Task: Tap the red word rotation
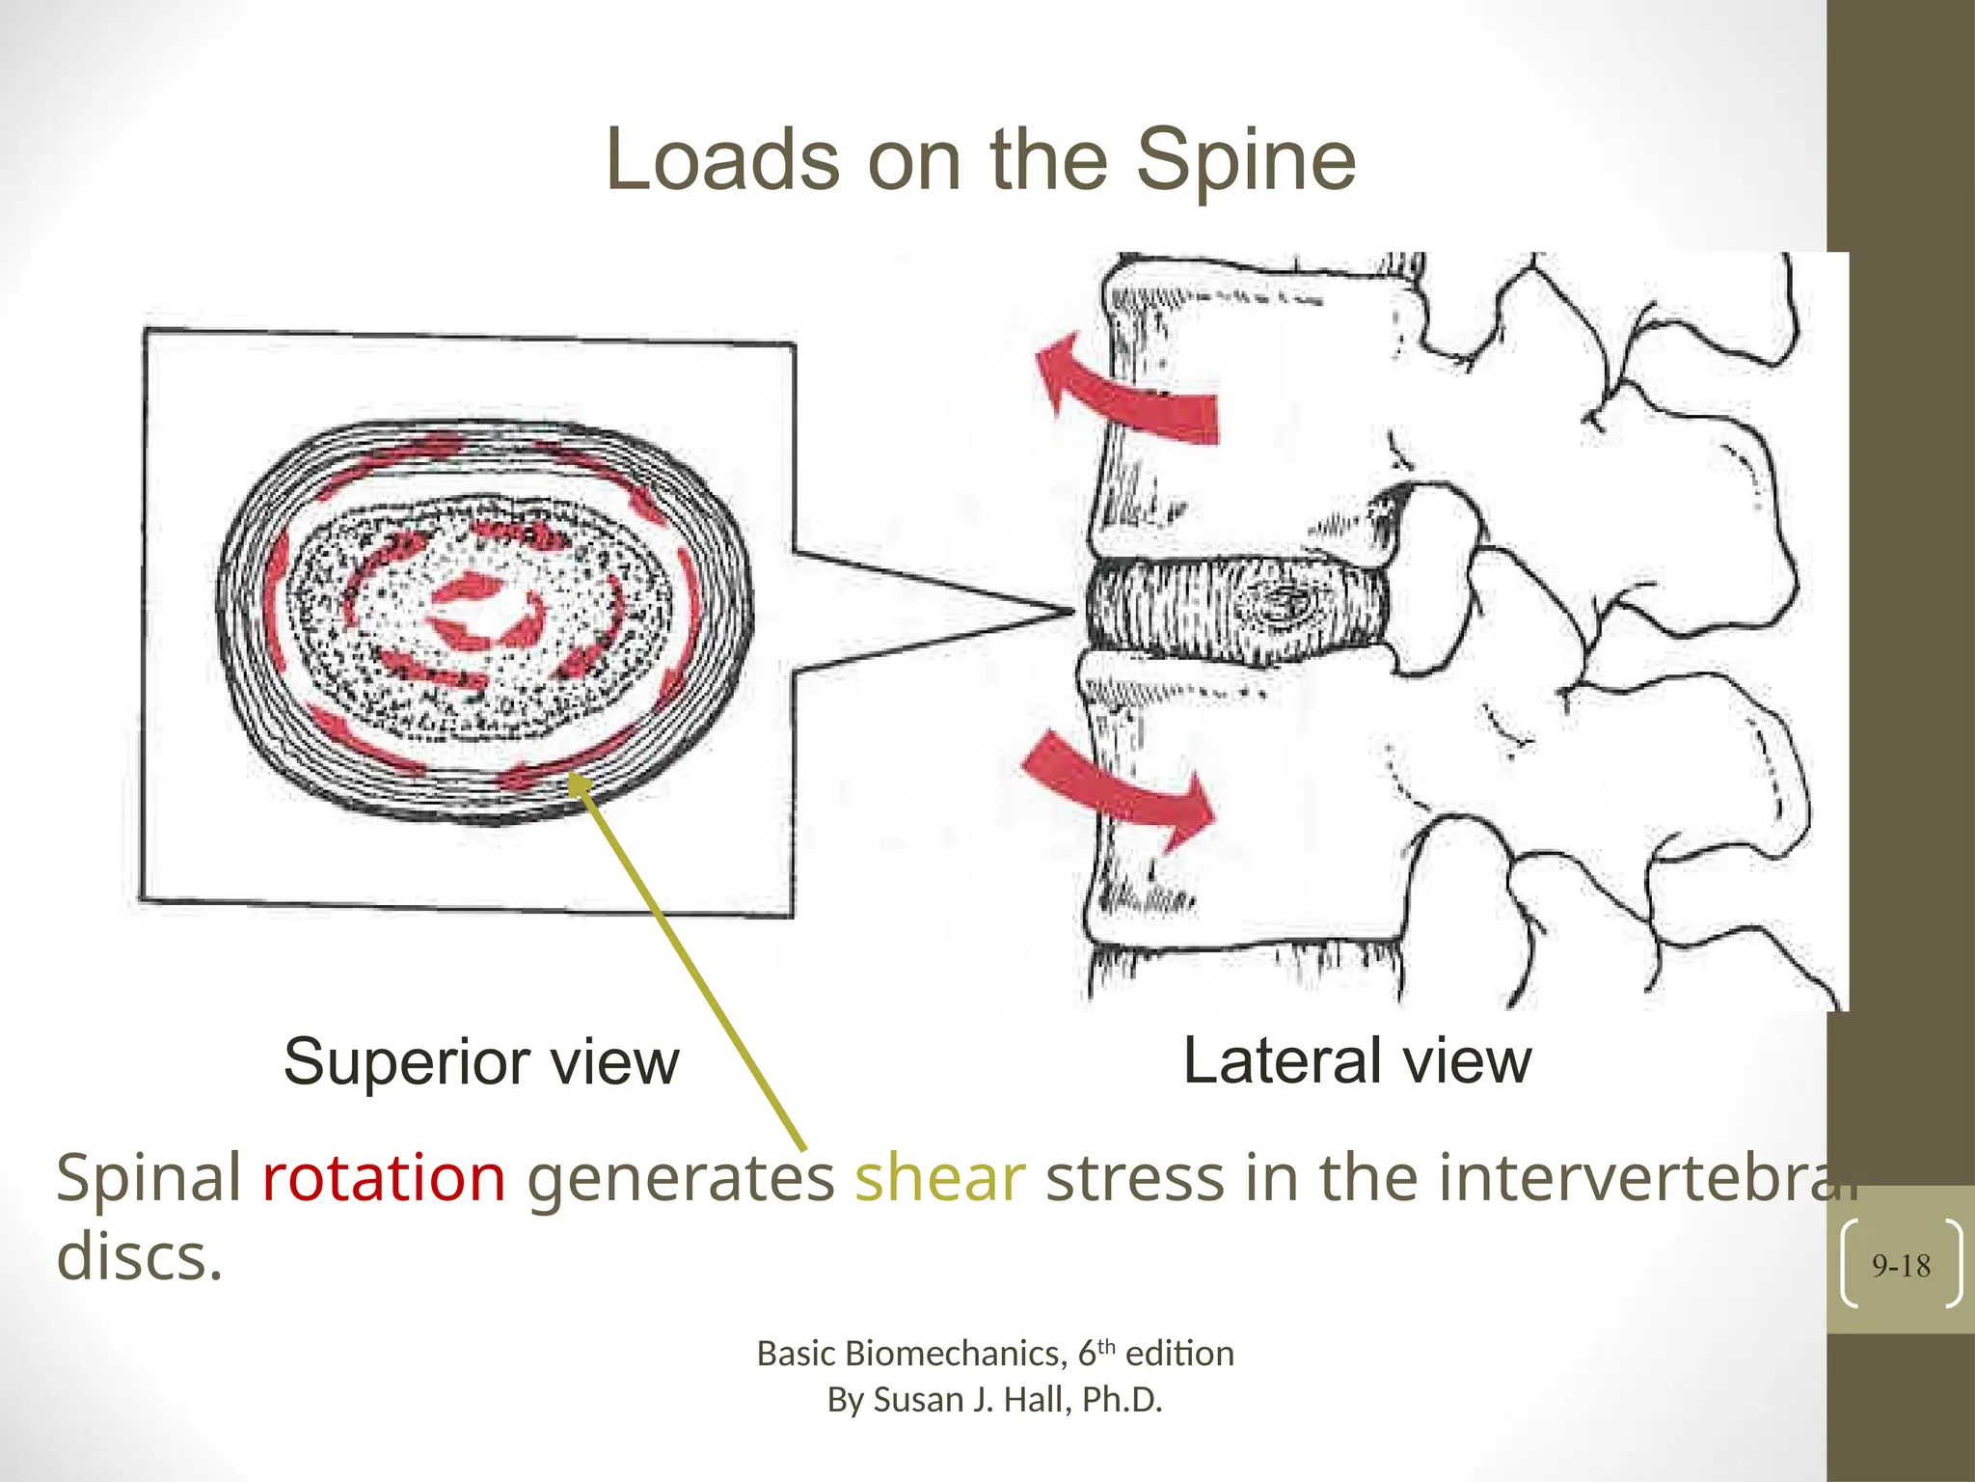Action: (x=384, y=1178)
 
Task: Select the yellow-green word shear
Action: (x=939, y=1178)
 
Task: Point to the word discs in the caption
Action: (x=139, y=1256)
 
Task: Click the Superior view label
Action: (x=481, y=1062)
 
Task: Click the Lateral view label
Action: (x=1357, y=1060)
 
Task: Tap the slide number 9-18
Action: (x=1901, y=1266)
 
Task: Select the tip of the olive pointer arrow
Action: (x=573, y=778)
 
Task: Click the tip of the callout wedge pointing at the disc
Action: (x=1072, y=611)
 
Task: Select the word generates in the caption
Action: (x=680, y=1178)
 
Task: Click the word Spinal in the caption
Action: (x=149, y=1178)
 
